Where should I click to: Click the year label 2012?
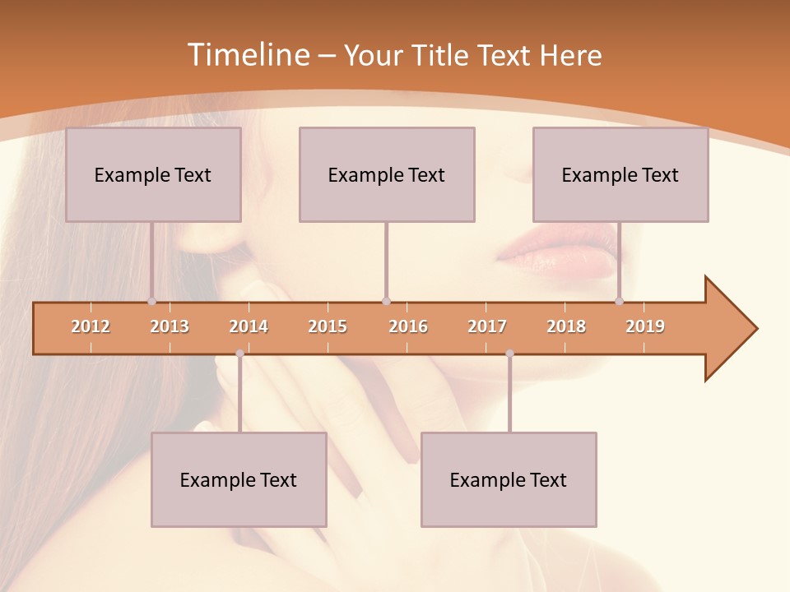click(91, 326)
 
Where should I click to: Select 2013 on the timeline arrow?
click(170, 326)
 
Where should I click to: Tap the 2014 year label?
click(249, 326)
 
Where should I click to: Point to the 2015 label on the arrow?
click(328, 326)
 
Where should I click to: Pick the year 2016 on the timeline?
click(408, 326)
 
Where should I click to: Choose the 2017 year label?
click(487, 326)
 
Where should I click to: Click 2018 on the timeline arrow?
click(566, 326)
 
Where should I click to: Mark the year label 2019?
click(645, 326)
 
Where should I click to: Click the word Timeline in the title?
click(248, 55)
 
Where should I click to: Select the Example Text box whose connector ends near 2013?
click(153, 174)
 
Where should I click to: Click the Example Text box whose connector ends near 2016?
click(387, 174)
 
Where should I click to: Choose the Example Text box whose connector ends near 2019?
click(620, 174)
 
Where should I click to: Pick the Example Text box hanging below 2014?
click(239, 479)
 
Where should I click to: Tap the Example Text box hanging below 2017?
click(509, 479)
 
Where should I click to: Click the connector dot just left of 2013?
click(151, 302)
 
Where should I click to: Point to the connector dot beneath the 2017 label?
click(509, 354)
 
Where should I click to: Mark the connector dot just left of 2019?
click(619, 302)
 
